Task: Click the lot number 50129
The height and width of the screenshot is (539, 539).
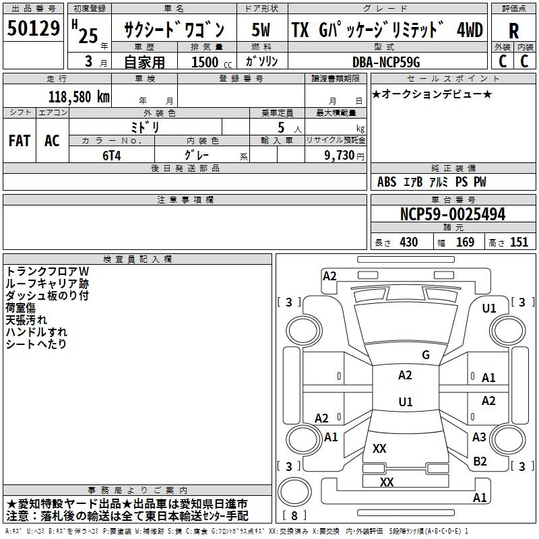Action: pos(34,30)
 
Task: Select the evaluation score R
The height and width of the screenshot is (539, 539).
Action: pos(513,31)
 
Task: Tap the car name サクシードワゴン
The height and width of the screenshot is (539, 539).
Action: pos(173,30)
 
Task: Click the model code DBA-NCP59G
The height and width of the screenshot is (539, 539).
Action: pos(386,62)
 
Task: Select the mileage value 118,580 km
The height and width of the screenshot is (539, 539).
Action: pos(79,96)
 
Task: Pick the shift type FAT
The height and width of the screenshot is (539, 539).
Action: pos(19,140)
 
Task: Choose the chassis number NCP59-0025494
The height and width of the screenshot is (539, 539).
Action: pos(452,215)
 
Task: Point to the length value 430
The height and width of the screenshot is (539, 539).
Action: pos(408,242)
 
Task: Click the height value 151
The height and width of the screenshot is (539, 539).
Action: pos(519,242)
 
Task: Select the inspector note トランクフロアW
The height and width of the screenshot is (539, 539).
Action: pos(47,271)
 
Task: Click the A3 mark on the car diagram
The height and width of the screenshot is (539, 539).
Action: pos(479,437)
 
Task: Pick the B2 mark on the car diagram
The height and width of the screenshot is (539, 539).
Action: pos(480,461)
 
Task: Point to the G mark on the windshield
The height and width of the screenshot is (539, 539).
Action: pos(425,354)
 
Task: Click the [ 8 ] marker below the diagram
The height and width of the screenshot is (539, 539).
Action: pos(294,516)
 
